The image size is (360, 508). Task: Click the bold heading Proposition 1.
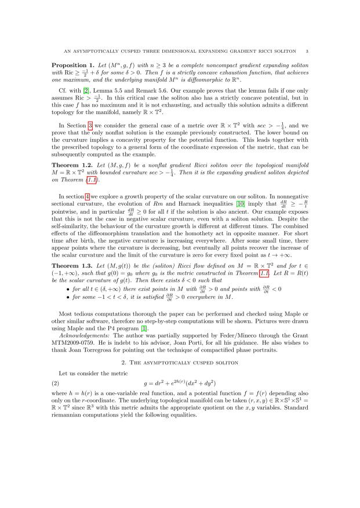pos(74,64)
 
